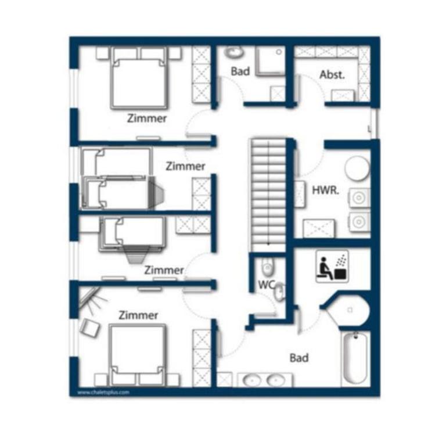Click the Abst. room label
tap(332, 74)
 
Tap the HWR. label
tap(326, 190)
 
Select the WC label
tap(266, 284)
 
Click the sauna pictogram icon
tap(332, 267)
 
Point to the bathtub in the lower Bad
tap(355, 358)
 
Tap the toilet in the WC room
tap(268, 267)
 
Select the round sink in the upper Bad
tap(234, 53)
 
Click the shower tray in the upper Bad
tap(270, 61)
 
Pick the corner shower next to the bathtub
tap(348, 311)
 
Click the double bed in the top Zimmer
tap(139, 78)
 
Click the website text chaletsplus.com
tap(103, 392)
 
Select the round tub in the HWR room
tap(357, 168)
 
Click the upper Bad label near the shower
tap(240, 71)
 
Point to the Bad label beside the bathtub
tap(299, 358)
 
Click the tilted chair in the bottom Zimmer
tap(90, 328)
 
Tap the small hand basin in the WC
tap(279, 292)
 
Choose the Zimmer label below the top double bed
tap(147, 118)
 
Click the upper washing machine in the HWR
tap(359, 197)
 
